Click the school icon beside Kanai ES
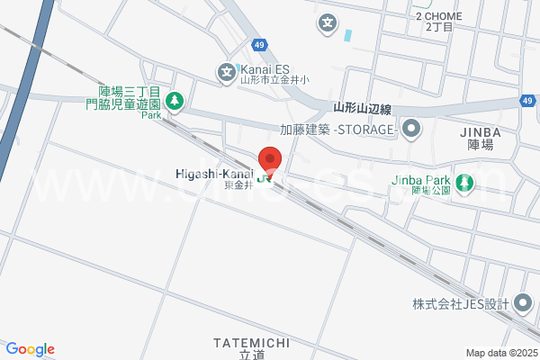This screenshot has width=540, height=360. [227, 70]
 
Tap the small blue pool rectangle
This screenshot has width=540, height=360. [347, 36]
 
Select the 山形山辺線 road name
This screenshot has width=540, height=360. [362, 109]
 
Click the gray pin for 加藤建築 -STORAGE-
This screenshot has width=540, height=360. [411, 130]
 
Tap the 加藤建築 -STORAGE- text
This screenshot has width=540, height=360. [338, 130]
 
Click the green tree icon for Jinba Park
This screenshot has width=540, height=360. [464, 183]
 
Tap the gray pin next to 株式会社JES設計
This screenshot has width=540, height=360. [524, 304]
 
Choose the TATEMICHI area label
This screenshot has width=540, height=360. [251, 342]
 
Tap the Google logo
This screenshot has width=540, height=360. [30, 349]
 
